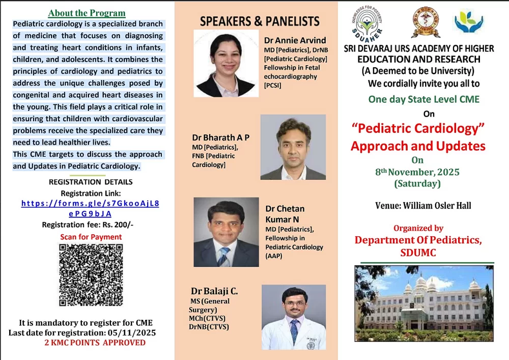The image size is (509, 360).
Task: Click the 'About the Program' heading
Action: point(87,13)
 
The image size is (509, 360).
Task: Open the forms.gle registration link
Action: point(90,208)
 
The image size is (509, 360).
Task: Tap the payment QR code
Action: point(91,275)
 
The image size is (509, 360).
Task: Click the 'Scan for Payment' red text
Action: point(91,237)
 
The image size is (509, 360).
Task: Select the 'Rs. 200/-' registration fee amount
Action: point(118,225)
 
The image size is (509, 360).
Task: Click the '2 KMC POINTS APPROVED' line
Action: point(95,343)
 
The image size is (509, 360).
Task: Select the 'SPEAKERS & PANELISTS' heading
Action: point(260,21)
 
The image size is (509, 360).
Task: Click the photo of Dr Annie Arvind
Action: point(227,63)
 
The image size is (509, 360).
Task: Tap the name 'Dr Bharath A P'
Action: point(221,137)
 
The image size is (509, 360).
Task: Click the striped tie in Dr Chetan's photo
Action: point(223,257)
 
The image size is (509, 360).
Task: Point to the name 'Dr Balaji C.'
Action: point(214,291)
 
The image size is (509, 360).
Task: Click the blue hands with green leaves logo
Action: point(469,21)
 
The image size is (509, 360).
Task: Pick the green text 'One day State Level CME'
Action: point(423,99)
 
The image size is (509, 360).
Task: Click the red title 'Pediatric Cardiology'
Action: point(418,128)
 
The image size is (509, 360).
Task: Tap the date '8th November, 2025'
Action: point(417,172)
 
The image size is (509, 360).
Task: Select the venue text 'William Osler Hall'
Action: point(437,206)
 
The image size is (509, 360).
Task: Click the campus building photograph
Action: point(424,303)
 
